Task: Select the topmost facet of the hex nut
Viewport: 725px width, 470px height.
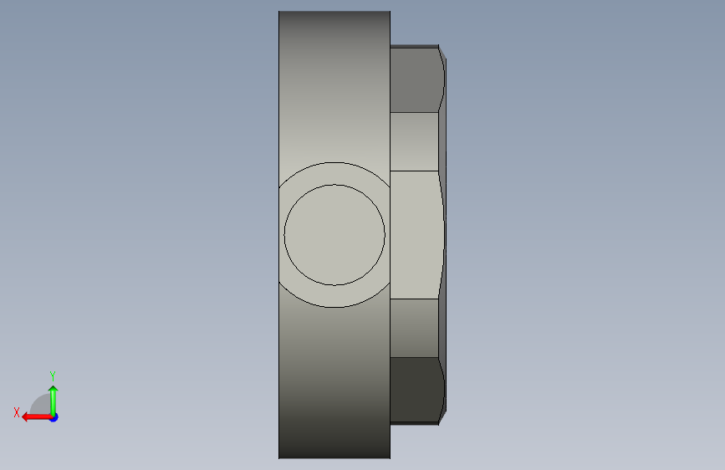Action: (416, 79)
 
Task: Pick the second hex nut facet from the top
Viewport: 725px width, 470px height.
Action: (414, 141)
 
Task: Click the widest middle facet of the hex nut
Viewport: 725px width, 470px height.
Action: (416, 235)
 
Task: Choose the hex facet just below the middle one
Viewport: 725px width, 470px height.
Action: (414, 328)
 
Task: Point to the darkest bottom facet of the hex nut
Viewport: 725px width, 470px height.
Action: (416, 390)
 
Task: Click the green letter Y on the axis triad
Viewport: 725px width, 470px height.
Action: (53, 375)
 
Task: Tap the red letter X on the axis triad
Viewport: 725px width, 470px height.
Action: (17, 412)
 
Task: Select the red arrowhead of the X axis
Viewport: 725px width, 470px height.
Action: (26, 417)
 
